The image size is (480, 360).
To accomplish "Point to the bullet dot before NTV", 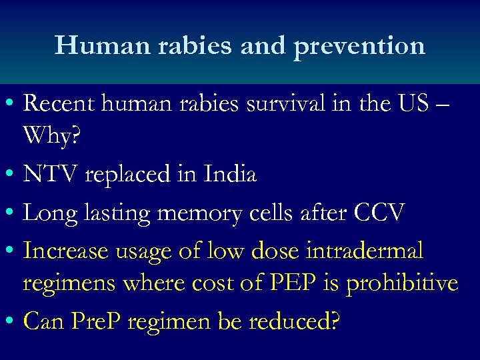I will tap(9, 175).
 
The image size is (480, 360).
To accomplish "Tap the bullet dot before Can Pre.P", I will tap(9, 321).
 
